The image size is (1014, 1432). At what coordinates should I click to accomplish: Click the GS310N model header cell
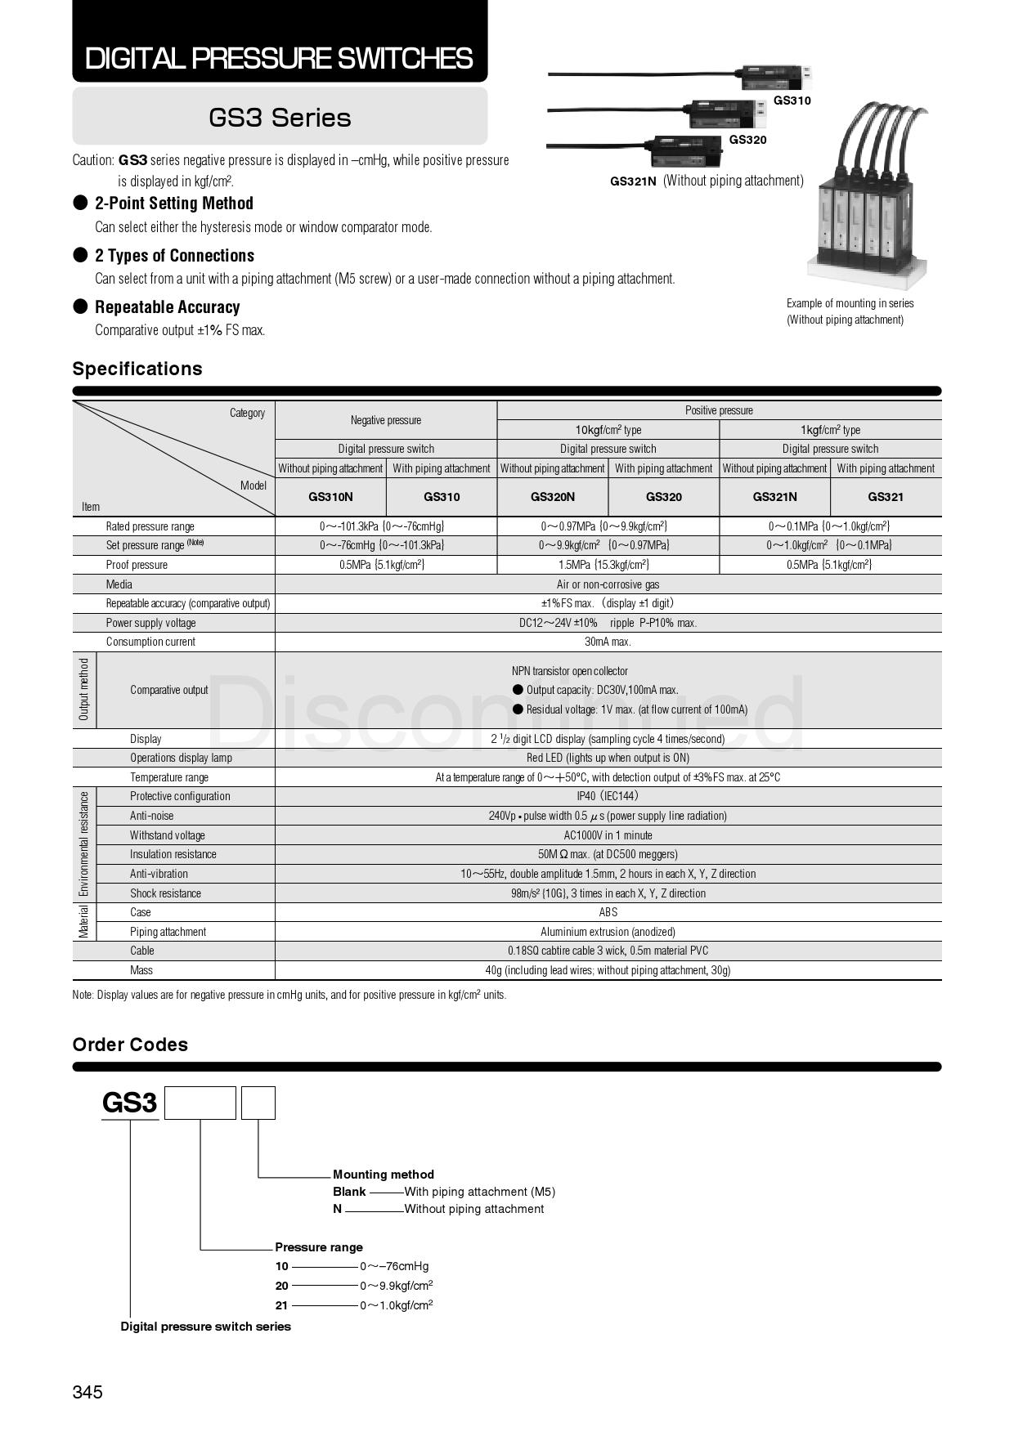[330, 497]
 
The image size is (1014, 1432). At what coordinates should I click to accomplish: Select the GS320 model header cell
[663, 497]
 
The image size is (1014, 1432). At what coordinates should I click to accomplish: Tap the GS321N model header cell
[774, 497]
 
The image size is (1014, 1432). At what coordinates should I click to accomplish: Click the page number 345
[87, 1392]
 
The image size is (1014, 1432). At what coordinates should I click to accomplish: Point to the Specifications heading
[137, 369]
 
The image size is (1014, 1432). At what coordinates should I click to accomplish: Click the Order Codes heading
[130, 1045]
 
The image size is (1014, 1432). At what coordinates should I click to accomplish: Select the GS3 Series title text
[280, 118]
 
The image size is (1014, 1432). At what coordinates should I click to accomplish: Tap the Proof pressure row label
[137, 565]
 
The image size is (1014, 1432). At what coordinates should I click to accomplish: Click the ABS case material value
[608, 912]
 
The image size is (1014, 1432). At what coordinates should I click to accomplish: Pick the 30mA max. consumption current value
[608, 642]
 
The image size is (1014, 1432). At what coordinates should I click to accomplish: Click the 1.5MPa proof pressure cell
[608, 565]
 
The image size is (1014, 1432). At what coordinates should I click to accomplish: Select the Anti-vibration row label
[159, 874]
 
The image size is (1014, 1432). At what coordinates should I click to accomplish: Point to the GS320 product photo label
[747, 140]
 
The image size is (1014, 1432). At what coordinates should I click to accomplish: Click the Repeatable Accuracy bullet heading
[167, 307]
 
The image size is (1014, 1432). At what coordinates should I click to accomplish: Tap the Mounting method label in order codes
[383, 1175]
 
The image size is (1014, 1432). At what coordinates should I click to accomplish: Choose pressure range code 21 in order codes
[281, 1305]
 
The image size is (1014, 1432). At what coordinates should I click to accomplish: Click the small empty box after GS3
[258, 1103]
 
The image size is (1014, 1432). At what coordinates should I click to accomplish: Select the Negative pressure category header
[386, 420]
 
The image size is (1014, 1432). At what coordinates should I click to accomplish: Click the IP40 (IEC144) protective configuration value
[608, 796]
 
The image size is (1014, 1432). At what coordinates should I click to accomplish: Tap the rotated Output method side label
[84, 690]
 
